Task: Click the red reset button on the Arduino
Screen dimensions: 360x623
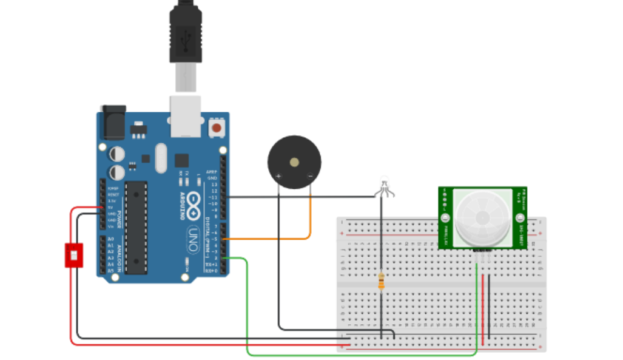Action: point(215,128)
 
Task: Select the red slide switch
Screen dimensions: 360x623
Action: point(73,255)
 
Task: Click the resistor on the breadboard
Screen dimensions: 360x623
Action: point(381,281)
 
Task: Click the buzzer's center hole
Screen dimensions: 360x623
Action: point(294,162)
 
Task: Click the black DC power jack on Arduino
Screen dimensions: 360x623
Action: point(112,123)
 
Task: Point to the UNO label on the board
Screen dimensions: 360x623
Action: point(192,234)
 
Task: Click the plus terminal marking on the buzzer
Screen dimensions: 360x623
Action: point(278,176)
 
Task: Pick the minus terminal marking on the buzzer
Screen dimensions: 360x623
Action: point(310,176)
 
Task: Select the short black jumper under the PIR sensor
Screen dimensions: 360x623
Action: point(489,304)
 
